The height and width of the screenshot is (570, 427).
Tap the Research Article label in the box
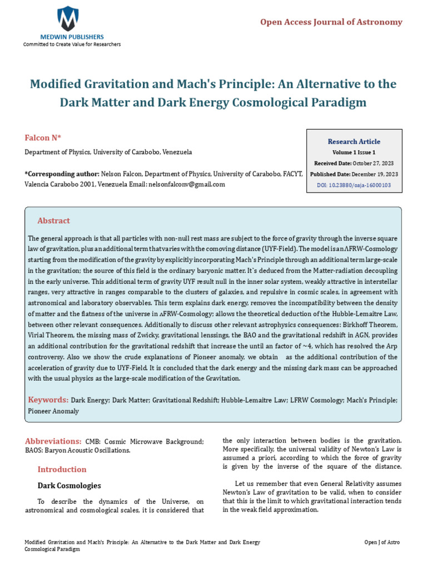[354, 141]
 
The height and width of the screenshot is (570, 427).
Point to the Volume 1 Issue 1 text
[354, 152]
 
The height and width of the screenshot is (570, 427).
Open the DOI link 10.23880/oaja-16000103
[361, 185]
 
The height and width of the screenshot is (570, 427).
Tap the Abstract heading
[53, 221]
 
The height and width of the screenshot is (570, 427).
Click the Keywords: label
[48, 400]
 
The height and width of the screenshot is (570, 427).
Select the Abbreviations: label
[53, 441]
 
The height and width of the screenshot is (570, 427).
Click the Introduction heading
[62, 469]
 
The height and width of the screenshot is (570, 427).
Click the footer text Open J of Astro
[381, 542]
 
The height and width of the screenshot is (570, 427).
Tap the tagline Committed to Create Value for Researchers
[71, 45]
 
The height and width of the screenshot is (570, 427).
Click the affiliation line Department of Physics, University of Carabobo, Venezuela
[108, 152]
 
